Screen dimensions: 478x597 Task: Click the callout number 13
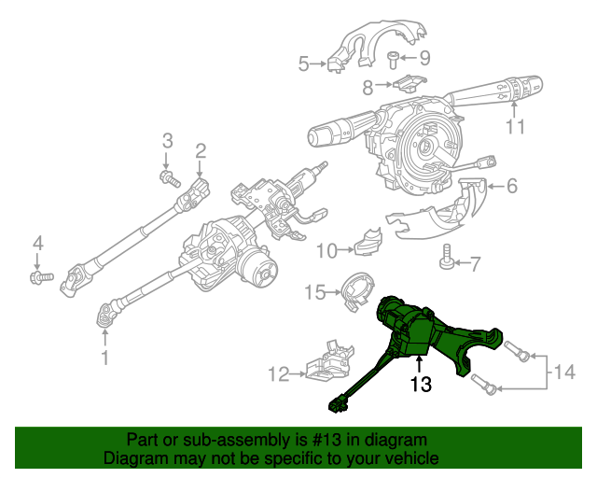[x=421, y=383]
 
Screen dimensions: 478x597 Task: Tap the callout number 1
[x=104, y=357]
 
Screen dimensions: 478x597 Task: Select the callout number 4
[x=38, y=244]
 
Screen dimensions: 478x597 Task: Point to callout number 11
[x=515, y=127]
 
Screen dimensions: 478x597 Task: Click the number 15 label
[x=317, y=293]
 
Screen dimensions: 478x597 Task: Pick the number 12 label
[x=279, y=374]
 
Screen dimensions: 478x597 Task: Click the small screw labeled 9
[x=395, y=61]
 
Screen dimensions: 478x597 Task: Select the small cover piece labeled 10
[x=368, y=241]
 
